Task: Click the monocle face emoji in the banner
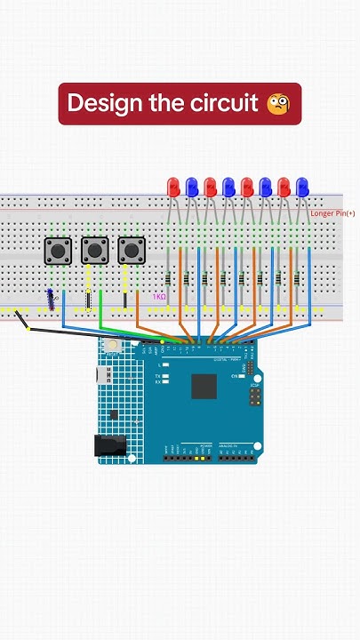click(278, 104)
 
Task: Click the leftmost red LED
click(173, 187)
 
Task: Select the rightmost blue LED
click(302, 187)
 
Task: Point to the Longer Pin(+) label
click(332, 213)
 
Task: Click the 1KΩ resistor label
click(159, 297)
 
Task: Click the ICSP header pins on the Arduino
click(255, 393)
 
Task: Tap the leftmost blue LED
click(192, 187)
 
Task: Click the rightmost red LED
click(284, 187)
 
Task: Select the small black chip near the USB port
click(114, 414)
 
